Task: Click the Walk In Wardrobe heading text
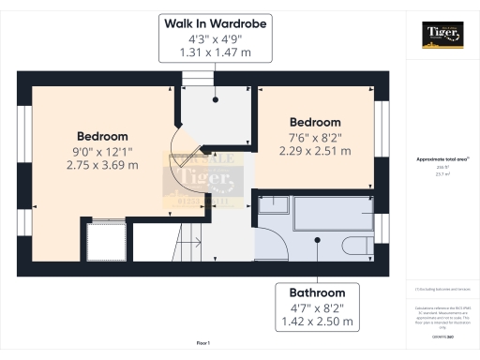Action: [x=215, y=22]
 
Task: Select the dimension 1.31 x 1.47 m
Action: [x=215, y=53]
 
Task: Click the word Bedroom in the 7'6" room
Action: [x=315, y=123]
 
